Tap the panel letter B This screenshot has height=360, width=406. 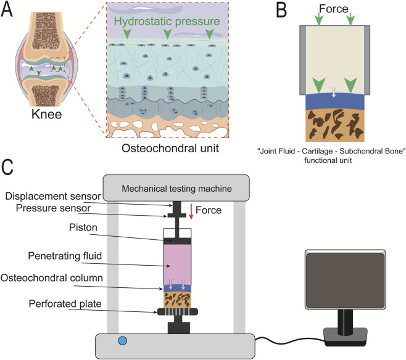tap(281, 10)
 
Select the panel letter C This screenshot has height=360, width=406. tap(7, 167)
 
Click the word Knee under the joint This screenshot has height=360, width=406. tap(47, 114)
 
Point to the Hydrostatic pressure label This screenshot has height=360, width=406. tap(167, 21)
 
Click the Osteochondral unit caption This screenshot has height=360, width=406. tap(170, 148)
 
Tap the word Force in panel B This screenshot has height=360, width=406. tap(333, 9)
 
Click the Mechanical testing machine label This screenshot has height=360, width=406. tap(176, 189)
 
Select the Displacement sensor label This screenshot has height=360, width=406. tap(53, 196)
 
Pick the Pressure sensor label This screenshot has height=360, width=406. tap(53, 208)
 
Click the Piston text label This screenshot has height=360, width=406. tap(83, 227)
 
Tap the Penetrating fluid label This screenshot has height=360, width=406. tap(65, 256)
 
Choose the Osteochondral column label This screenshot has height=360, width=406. tap(52, 278)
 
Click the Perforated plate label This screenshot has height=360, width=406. tap(65, 304)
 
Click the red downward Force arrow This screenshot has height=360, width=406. tap(191, 211)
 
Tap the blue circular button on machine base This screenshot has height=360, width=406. tap(122, 341)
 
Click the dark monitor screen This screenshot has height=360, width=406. tap(346, 280)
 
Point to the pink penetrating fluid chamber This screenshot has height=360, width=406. tap(177, 264)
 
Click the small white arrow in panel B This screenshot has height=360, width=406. tap(334, 92)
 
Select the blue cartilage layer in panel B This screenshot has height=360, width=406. tap(335, 102)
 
